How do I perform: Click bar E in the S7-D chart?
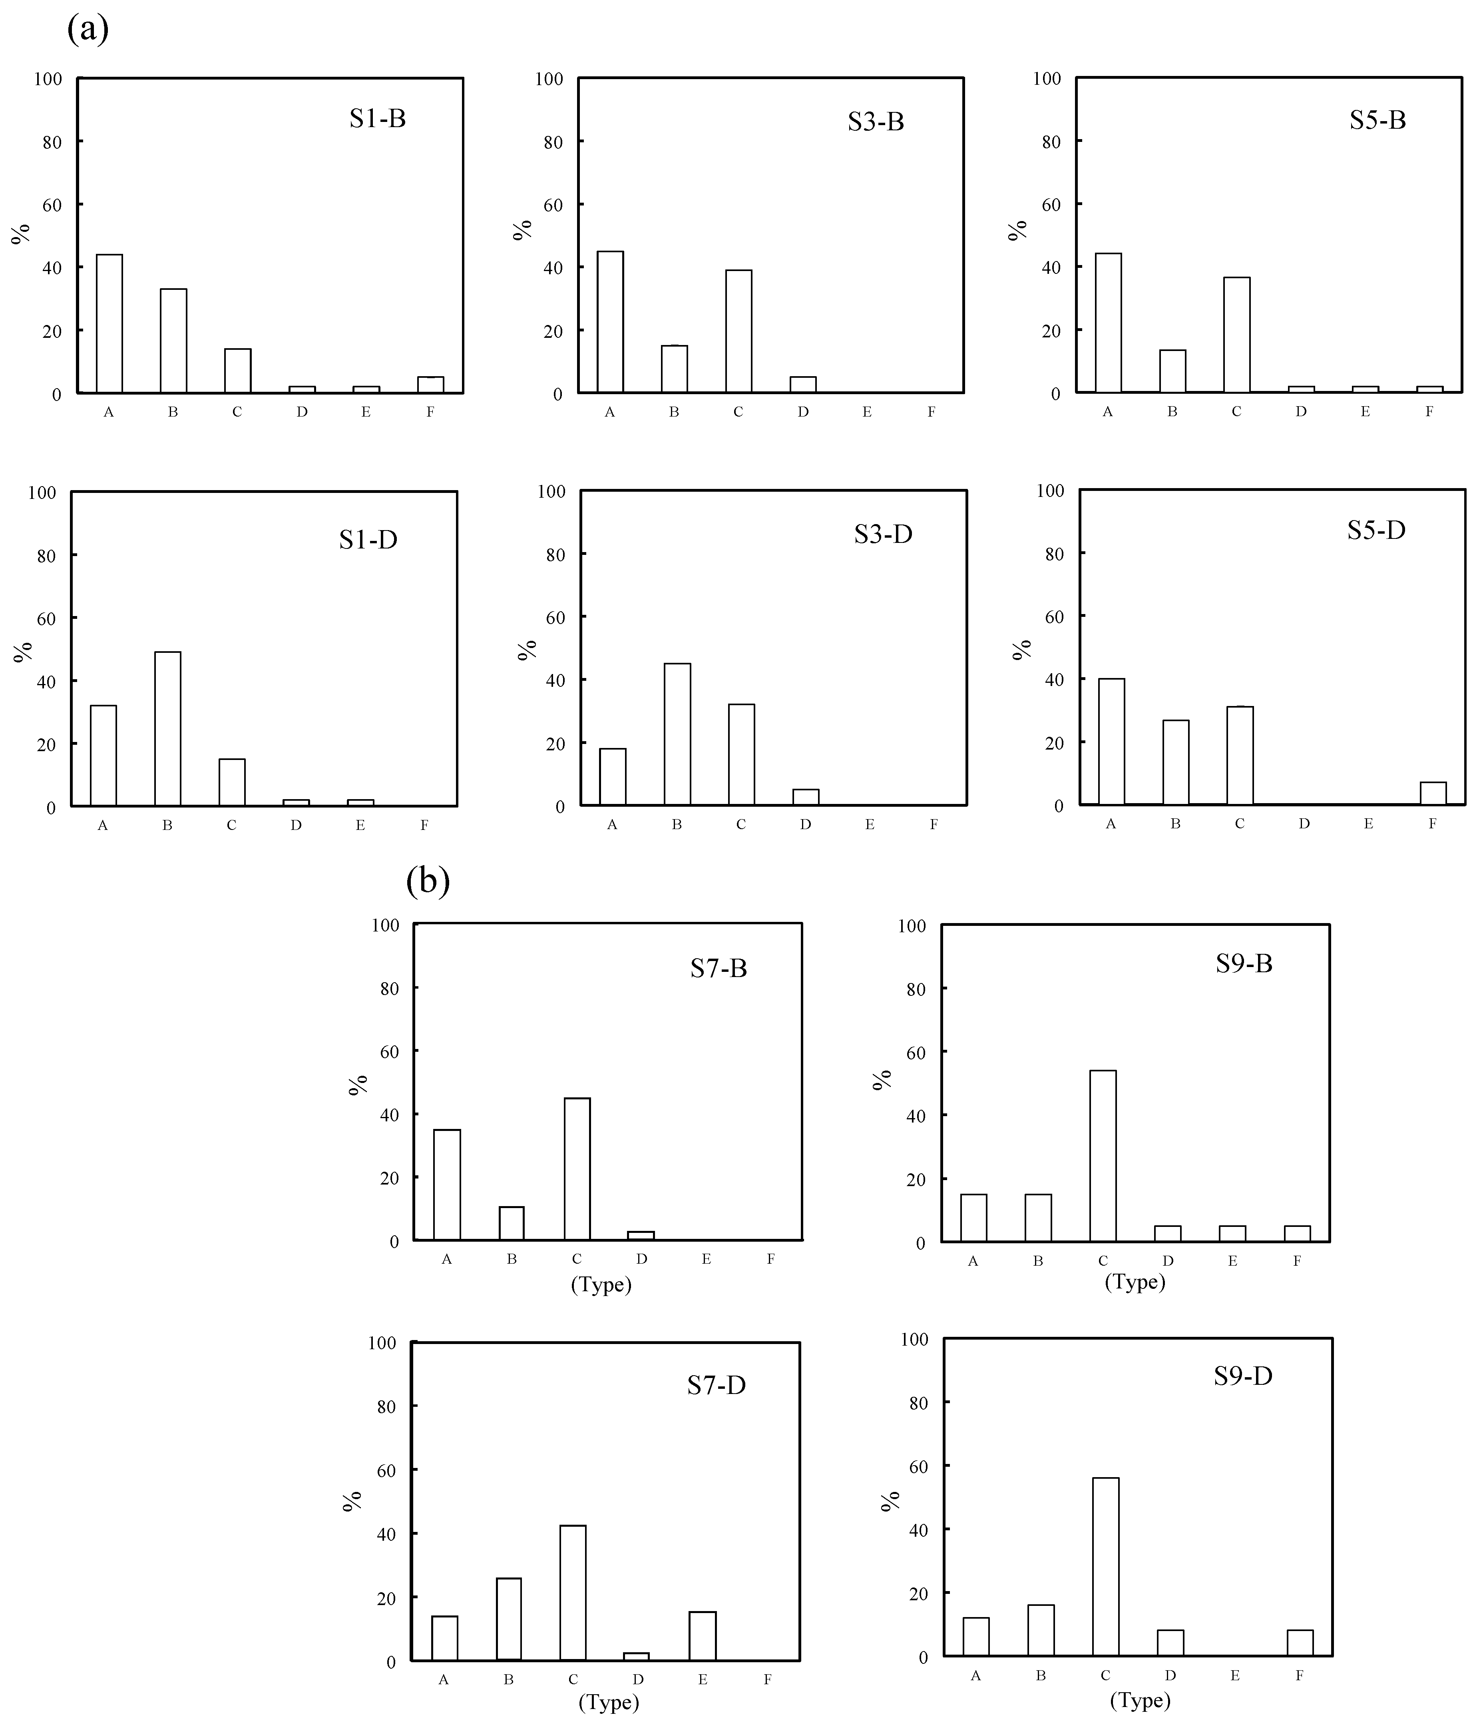tap(703, 1635)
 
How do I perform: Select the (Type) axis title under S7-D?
tap(608, 1702)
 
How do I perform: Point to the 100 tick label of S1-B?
tap(48, 79)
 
